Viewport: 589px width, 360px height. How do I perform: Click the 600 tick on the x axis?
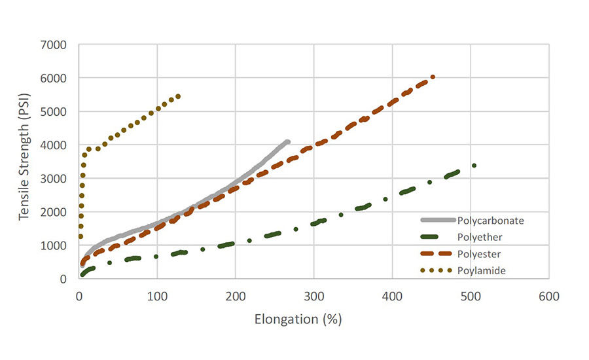(548, 296)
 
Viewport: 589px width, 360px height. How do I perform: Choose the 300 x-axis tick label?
(313, 296)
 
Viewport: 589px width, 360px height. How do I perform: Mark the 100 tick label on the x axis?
(157, 296)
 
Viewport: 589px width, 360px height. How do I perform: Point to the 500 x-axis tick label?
(471, 296)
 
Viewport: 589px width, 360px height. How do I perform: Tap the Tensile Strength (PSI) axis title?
(25, 162)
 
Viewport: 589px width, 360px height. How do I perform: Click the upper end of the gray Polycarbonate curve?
(287, 142)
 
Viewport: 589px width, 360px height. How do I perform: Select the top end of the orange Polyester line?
(432, 77)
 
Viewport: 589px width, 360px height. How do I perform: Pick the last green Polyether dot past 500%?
(474, 166)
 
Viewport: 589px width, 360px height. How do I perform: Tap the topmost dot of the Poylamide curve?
(178, 96)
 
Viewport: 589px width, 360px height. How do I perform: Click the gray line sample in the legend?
(437, 221)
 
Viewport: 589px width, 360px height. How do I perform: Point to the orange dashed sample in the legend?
(437, 253)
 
